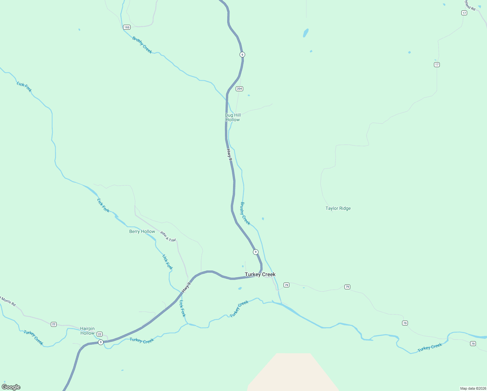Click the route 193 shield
tap(127, 27)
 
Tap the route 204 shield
tap(240, 89)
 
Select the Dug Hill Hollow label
tap(233, 117)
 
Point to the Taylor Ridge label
tap(338, 209)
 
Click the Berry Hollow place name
tap(142, 232)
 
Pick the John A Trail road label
tap(168, 236)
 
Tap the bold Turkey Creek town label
tap(260, 275)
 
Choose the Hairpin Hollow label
tap(87, 331)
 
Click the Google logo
tap(11, 387)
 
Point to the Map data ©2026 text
tap(473, 388)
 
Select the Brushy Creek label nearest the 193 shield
tap(142, 45)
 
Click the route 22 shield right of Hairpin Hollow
tap(100, 334)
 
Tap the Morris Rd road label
tap(8, 301)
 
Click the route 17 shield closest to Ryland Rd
tap(464, 13)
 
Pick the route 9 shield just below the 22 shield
tap(101, 342)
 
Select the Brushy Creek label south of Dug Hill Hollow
tap(245, 213)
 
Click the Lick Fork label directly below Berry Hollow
tap(167, 262)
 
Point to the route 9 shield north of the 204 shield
tap(242, 54)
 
